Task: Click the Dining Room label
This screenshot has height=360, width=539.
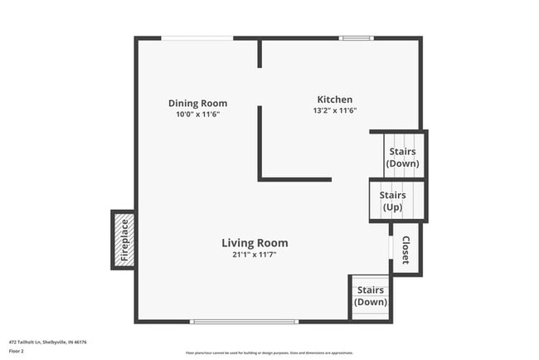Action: [x=197, y=104]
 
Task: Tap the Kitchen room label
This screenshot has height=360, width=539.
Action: [x=334, y=99]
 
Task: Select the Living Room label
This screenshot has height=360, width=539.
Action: [x=255, y=243]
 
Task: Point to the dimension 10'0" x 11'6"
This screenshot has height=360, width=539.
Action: [x=197, y=114]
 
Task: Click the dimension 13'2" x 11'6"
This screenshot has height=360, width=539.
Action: [x=334, y=110]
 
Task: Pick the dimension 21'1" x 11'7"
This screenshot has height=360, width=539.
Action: [x=255, y=255]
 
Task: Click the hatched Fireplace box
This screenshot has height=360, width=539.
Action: [x=124, y=240]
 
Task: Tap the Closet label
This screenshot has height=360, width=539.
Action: [x=405, y=251]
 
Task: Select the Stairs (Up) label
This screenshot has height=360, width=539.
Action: [x=393, y=201]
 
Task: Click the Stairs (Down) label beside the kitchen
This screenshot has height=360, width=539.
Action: [x=403, y=157]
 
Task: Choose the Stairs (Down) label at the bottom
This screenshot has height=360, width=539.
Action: [x=370, y=296]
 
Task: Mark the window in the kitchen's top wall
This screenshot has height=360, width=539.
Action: [x=357, y=37]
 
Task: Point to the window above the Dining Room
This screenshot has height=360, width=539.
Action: [x=197, y=37]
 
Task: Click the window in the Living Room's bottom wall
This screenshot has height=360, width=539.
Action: [x=244, y=321]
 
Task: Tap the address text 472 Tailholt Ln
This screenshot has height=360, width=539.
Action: [x=48, y=341]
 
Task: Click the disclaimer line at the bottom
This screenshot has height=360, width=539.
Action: [x=269, y=352]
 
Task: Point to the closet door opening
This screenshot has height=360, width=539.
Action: [x=391, y=248]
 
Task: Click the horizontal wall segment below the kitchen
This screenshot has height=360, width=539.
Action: [x=295, y=179]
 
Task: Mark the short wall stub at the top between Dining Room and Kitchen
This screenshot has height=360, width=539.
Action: [x=260, y=53]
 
